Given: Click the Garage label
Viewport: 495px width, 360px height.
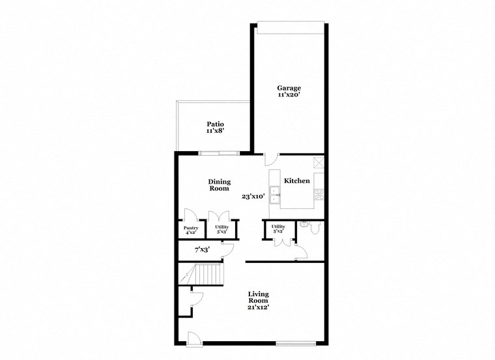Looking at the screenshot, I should (289, 88).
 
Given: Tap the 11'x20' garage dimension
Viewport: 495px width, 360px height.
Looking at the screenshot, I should (289, 95).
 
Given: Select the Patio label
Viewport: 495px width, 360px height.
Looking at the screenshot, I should (216, 124).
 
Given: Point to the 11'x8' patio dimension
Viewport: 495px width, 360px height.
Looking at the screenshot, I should (216, 131).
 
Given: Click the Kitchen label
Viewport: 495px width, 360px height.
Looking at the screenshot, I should (297, 181).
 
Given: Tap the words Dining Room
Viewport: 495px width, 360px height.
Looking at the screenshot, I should (219, 185).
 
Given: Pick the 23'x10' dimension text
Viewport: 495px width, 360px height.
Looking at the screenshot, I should (253, 196).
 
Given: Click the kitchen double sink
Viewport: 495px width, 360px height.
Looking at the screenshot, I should (276, 192).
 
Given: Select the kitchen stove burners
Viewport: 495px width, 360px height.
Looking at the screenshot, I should (319, 193).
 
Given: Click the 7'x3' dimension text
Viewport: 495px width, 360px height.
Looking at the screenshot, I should (203, 249).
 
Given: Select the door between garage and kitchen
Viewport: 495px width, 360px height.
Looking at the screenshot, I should (272, 159).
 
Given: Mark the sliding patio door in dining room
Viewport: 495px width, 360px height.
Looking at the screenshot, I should (219, 153).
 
